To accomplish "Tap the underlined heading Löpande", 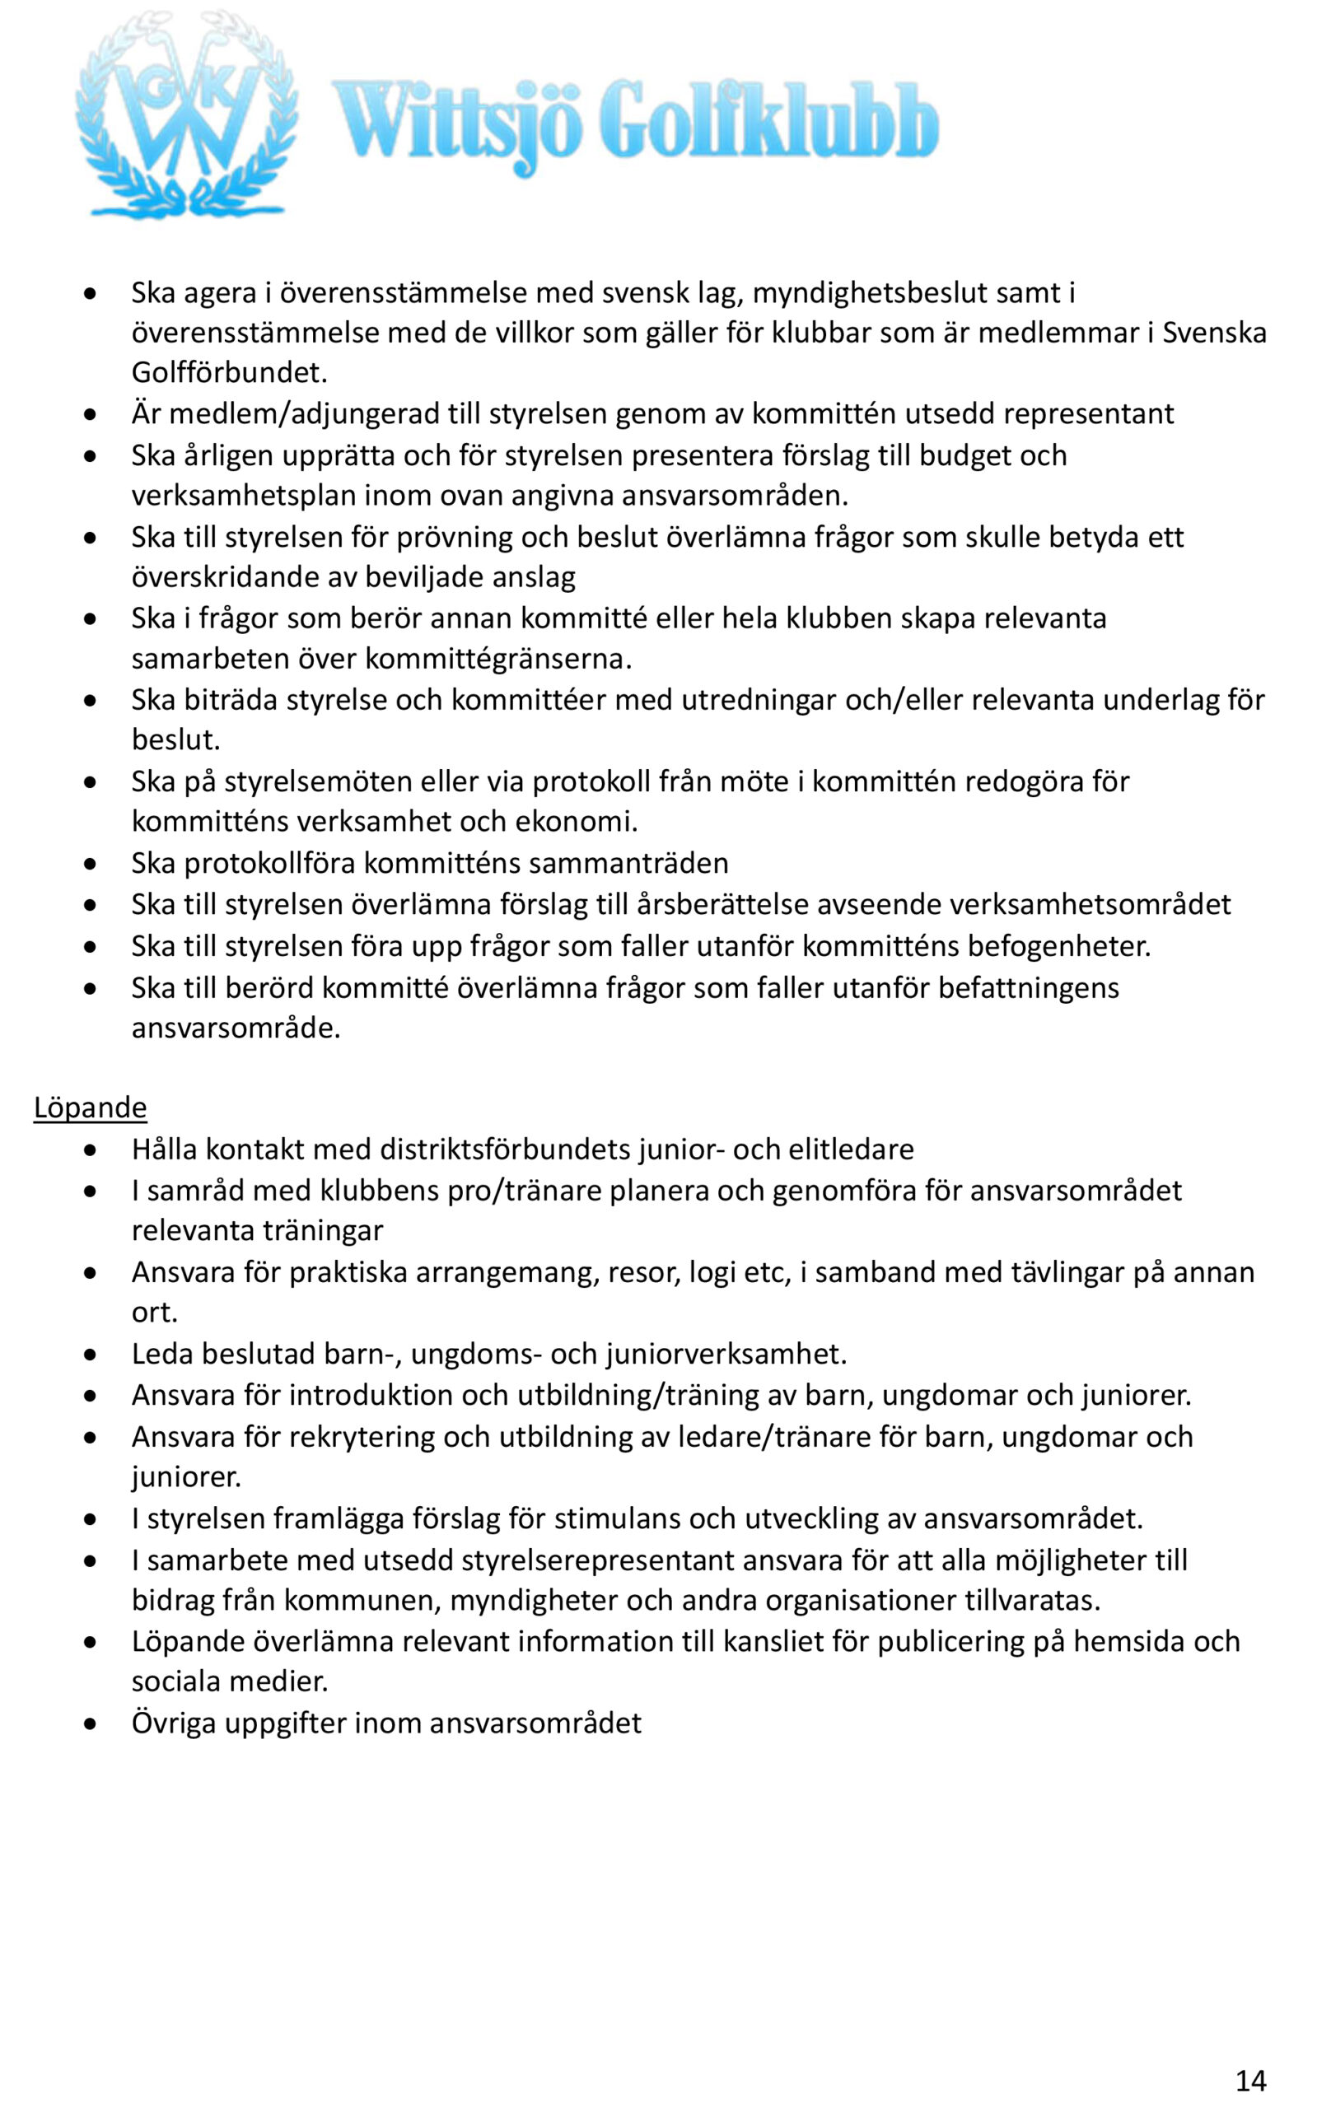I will click(x=90, y=1108).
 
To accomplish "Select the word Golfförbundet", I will click(x=228, y=373).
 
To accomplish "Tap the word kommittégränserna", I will click(x=497, y=658).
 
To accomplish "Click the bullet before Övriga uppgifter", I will click(x=91, y=1723).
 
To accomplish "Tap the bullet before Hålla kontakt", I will click(x=91, y=1150).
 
